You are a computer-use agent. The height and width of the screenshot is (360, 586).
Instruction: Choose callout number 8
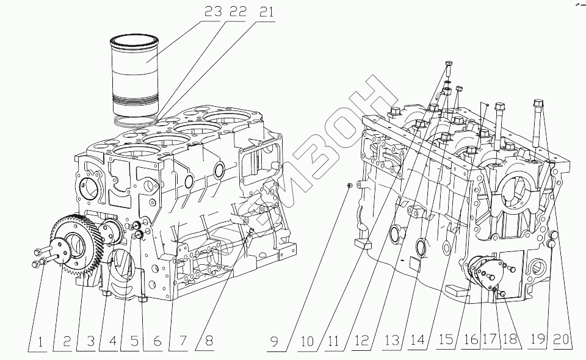tap(209, 342)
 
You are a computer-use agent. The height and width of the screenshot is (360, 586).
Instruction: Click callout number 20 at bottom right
tap(562, 342)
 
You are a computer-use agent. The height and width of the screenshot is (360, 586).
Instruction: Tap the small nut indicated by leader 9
tap(347, 185)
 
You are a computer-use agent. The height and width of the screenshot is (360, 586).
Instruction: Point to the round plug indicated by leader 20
tap(552, 236)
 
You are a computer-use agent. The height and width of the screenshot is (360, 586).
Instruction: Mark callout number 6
tap(157, 342)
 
